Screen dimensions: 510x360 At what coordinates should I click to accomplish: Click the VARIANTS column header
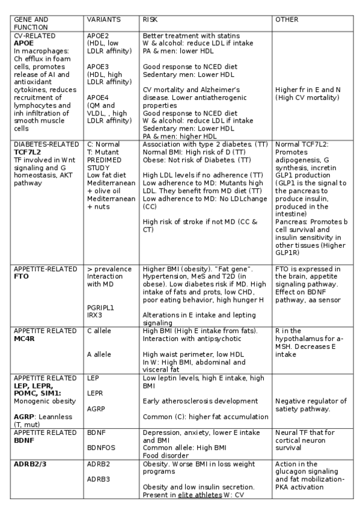(103, 20)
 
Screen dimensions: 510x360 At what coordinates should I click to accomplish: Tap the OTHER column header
(286, 20)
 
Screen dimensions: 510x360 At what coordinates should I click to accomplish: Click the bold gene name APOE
(23, 44)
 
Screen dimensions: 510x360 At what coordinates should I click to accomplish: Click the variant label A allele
(100, 354)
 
